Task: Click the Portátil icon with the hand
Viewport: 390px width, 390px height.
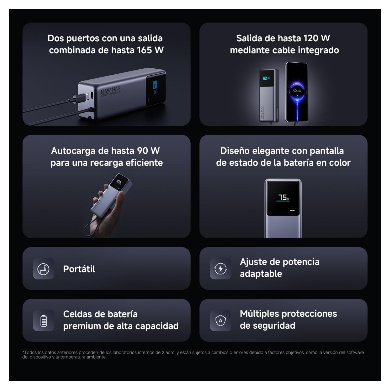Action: (x=43, y=269)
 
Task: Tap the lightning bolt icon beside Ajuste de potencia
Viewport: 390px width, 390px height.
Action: (x=220, y=269)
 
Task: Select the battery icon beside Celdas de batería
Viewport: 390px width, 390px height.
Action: (x=44, y=320)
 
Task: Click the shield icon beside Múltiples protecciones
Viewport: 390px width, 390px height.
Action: (x=220, y=320)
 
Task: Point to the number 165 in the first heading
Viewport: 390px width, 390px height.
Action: (x=144, y=50)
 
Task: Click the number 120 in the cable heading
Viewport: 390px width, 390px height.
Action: (x=311, y=38)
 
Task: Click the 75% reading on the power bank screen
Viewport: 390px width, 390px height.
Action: (x=283, y=197)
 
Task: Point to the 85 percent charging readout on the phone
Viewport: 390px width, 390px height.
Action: (x=297, y=90)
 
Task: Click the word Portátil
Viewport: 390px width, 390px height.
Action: (x=79, y=269)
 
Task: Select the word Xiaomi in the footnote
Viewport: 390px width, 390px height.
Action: (x=168, y=353)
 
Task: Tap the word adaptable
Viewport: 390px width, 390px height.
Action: (x=261, y=274)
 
